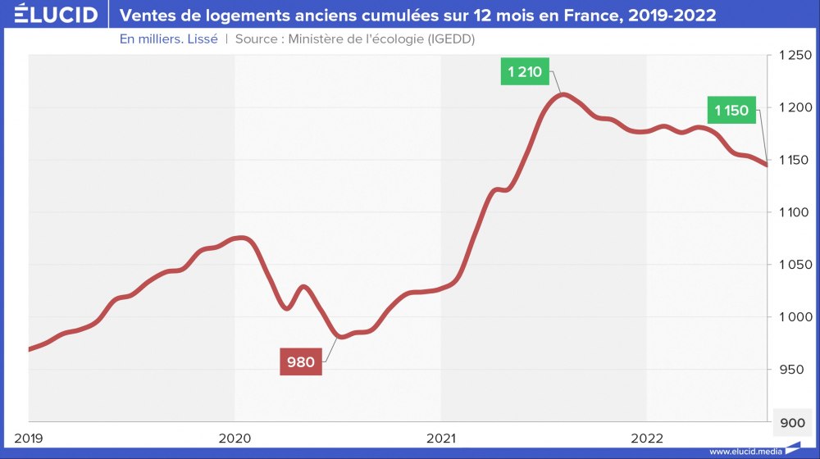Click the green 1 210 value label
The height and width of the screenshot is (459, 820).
(x=525, y=71)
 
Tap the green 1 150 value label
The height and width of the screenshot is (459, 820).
(x=731, y=110)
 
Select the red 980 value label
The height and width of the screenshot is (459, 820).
(x=301, y=361)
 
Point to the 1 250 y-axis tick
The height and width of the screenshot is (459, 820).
(x=793, y=55)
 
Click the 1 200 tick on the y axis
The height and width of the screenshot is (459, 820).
(x=793, y=107)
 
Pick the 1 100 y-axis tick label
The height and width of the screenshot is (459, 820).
(x=793, y=212)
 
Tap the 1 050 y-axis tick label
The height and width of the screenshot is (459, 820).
(x=793, y=265)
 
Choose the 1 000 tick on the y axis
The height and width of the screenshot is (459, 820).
(x=793, y=317)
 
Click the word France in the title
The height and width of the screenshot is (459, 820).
(x=606, y=15)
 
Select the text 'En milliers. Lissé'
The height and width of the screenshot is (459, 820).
(x=168, y=39)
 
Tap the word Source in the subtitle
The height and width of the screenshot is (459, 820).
(x=257, y=39)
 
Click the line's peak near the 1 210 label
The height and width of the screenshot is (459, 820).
(x=563, y=94)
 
